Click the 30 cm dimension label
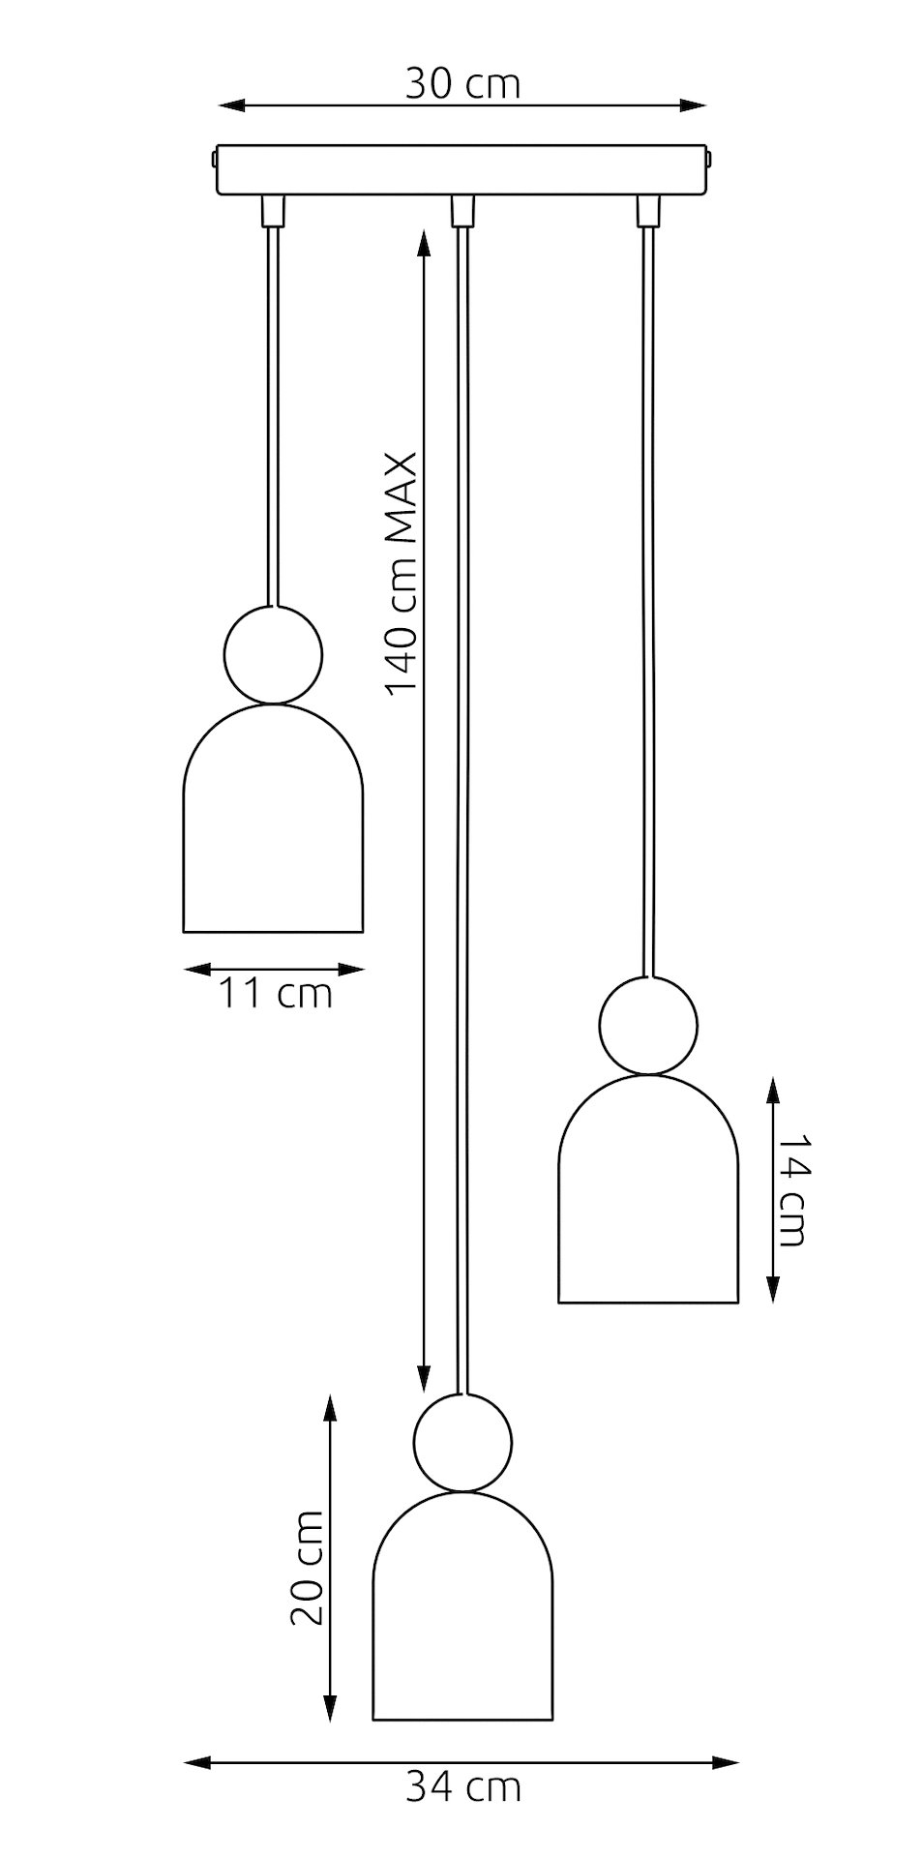point(462,84)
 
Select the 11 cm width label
point(274,993)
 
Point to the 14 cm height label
point(790,1189)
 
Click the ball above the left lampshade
point(274,654)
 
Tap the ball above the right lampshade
point(648,1025)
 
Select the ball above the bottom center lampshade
point(462,1443)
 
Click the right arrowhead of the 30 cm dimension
point(694,105)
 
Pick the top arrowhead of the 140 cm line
point(423,242)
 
